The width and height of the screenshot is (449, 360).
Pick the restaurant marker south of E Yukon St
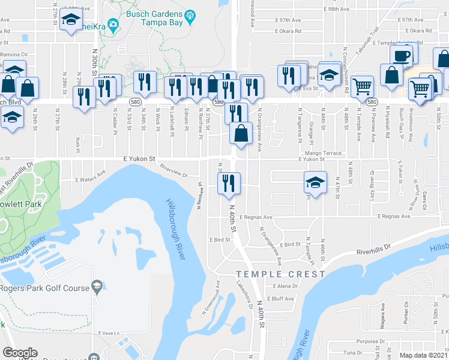coord(228,185)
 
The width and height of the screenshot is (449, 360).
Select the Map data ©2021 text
coord(423,355)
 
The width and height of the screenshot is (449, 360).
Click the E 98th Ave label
coord(336,10)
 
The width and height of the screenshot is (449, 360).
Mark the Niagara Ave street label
coord(382,313)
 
